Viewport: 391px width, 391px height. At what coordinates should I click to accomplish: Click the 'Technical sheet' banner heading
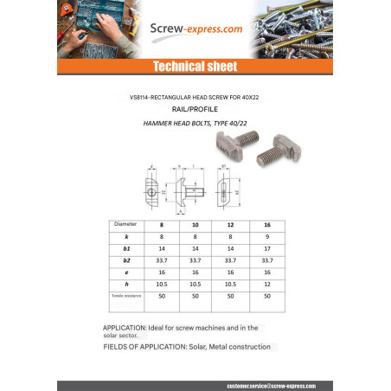(195, 67)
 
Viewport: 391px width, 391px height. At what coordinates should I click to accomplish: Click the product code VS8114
(147, 98)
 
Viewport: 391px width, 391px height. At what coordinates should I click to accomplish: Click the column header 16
(266, 224)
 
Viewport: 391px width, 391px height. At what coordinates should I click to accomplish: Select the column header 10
(195, 224)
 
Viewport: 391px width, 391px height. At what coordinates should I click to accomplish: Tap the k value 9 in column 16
(266, 235)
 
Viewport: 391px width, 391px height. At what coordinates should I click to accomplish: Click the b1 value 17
(266, 247)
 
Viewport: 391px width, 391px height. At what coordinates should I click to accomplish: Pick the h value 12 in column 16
(266, 283)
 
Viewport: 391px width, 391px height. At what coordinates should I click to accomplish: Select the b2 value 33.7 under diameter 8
(160, 260)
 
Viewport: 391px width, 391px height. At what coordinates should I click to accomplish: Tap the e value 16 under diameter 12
(231, 272)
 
